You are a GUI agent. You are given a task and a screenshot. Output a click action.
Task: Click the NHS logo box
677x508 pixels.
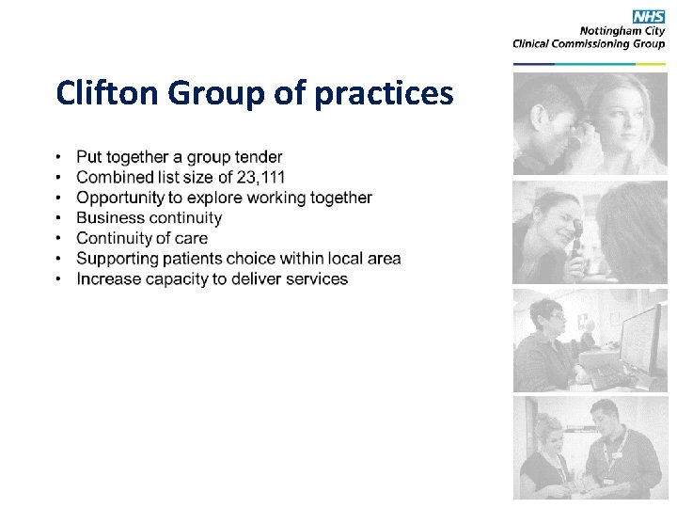click(x=648, y=17)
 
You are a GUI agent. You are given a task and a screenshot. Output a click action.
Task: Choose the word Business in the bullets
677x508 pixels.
click(x=108, y=218)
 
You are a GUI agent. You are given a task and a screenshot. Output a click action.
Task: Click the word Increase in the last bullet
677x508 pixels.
click(x=108, y=279)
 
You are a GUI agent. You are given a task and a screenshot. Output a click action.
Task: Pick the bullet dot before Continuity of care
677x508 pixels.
click(x=59, y=239)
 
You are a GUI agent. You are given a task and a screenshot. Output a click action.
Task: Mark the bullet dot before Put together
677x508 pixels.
click(x=59, y=157)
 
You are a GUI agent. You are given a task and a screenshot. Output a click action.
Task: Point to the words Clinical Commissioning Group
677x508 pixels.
click(x=589, y=43)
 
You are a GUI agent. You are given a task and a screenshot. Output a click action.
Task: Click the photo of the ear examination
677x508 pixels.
click(x=590, y=123)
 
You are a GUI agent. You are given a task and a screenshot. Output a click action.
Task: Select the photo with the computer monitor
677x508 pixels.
click(x=590, y=340)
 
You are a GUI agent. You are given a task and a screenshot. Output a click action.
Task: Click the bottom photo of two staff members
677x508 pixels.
click(x=590, y=447)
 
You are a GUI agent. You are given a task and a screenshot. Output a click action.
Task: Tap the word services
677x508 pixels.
click(x=314, y=279)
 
